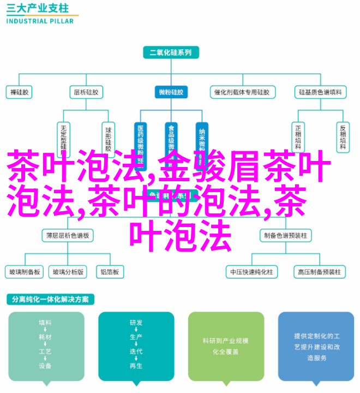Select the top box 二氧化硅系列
tap(171, 53)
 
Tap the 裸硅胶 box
tap(20, 92)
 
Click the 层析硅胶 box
tap(86, 92)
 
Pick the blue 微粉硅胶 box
tap(171, 92)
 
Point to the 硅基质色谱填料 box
tap(320, 92)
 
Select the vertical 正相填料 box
tap(298, 136)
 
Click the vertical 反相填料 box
tap(342, 136)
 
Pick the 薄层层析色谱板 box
tap(68, 235)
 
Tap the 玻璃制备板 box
tap(24, 271)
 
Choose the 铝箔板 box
tap(110, 271)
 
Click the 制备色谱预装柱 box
tap(285, 235)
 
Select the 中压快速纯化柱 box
tap(251, 271)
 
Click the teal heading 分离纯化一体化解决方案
tap(51, 300)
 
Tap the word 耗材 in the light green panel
tap(45, 338)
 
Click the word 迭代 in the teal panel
tap(136, 352)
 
